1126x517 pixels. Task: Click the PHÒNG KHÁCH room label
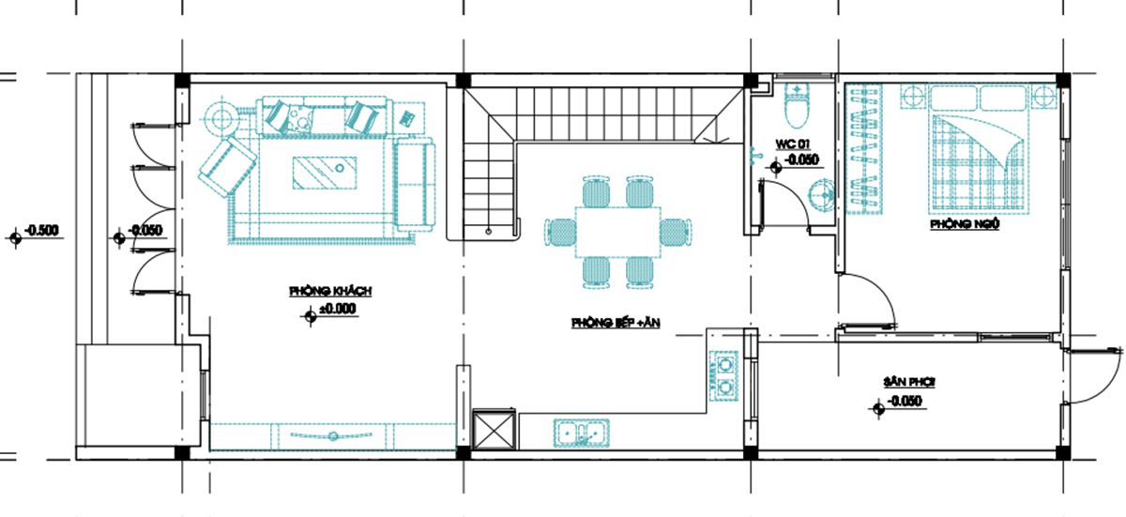(x=330, y=291)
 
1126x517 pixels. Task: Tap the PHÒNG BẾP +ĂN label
(x=616, y=323)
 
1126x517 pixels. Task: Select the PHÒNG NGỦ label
(x=965, y=224)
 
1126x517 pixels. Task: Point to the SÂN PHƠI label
(x=909, y=382)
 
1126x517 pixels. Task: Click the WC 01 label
(x=792, y=144)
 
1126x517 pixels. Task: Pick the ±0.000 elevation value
(x=338, y=309)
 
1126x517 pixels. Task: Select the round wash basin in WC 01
(x=821, y=195)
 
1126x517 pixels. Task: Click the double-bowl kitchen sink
(x=582, y=433)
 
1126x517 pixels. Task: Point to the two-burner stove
(x=723, y=376)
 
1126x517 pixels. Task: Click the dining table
(x=617, y=232)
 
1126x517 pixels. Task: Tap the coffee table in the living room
(x=325, y=173)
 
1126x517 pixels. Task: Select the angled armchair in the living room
(x=227, y=167)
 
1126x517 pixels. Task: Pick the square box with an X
(x=495, y=429)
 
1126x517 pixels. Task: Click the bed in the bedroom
(x=978, y=146)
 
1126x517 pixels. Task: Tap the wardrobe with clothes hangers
(x=864, y=148)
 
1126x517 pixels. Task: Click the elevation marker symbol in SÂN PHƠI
(x=878, y=409)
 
